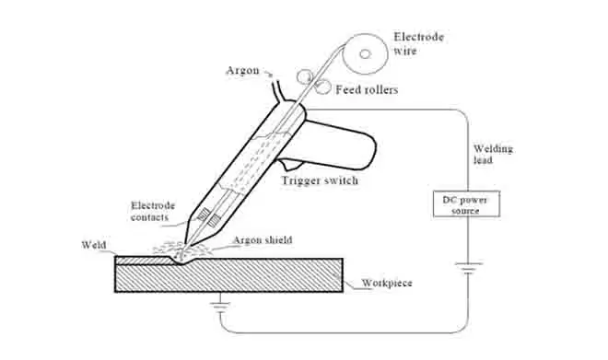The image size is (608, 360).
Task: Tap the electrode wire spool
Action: [365, 53]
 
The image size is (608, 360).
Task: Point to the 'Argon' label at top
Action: [242, 71]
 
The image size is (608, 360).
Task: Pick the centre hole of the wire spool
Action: [365, 53]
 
